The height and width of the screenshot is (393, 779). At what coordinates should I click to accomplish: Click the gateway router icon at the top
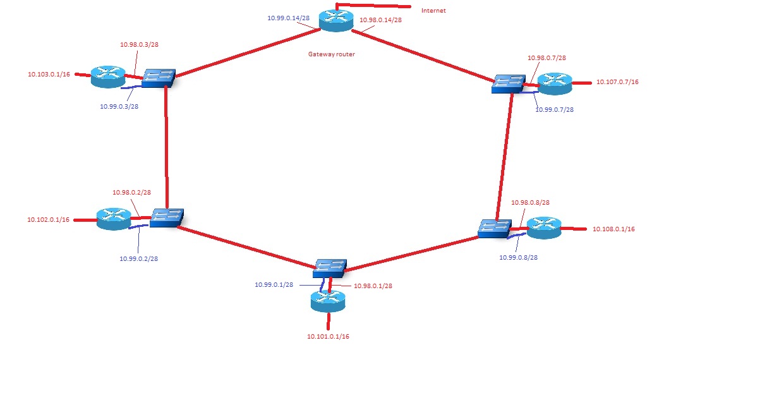[335, 20]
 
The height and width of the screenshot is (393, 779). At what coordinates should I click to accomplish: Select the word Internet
[433, 11]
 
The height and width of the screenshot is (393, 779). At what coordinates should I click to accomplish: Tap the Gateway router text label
[331, 54]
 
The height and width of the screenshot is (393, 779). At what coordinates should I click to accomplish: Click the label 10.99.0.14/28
[288, 18]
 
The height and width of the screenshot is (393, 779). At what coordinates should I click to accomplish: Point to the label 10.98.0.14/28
[380, 20]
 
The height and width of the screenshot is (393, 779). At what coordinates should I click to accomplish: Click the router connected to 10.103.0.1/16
[108, 76]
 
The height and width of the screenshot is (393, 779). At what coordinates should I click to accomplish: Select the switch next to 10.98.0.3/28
[158, 77]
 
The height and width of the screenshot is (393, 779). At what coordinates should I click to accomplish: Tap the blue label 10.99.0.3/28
[119, 106]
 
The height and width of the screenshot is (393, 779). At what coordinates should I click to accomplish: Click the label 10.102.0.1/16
[48, 220]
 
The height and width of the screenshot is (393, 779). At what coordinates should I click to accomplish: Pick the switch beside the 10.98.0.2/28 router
[166, 218]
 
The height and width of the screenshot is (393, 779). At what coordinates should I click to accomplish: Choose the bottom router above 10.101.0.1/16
[328, 300]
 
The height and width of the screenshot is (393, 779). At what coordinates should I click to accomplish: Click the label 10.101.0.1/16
[328, 336]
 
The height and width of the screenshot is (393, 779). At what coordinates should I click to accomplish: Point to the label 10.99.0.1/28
[274, 285]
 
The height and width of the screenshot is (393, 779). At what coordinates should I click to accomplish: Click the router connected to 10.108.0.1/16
[543, 227]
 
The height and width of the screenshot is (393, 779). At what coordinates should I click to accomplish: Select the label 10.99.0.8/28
[518, 257]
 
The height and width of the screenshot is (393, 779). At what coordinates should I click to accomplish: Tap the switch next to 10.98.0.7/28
[509, 83]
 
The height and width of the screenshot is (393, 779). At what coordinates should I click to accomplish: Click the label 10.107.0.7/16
[617, 82]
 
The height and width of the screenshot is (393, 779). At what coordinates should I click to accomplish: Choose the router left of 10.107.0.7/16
[554, 82]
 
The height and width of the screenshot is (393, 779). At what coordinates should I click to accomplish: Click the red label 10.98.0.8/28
[529, 203]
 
